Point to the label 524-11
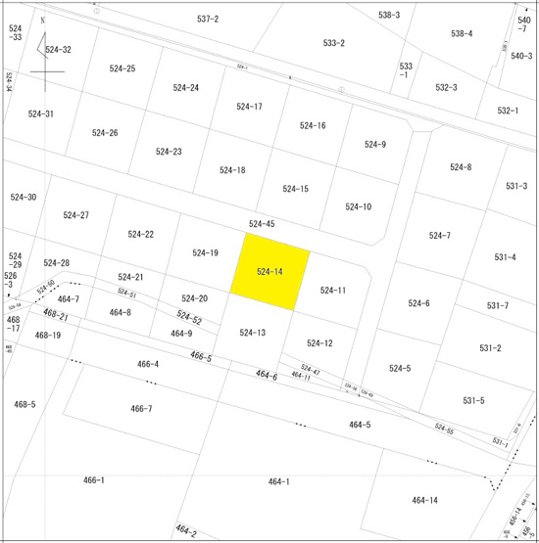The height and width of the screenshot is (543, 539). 333,291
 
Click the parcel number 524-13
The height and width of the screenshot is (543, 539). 253,333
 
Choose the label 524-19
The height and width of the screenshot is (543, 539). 205,253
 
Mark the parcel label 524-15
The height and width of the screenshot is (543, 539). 296,189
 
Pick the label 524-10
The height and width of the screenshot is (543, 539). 359,206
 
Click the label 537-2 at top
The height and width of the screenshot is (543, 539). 208,19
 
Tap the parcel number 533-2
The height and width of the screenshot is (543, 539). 334,43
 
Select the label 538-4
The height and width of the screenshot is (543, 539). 462,33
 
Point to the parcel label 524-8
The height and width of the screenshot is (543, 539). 461,167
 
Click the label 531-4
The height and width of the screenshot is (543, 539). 505,257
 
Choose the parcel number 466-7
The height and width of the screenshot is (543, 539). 141,409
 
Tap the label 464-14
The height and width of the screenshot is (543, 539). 424,500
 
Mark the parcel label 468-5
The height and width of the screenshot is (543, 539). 24,404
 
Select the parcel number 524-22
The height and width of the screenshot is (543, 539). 141,234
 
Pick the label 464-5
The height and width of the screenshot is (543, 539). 360,425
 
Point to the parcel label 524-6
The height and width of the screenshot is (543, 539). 418,303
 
